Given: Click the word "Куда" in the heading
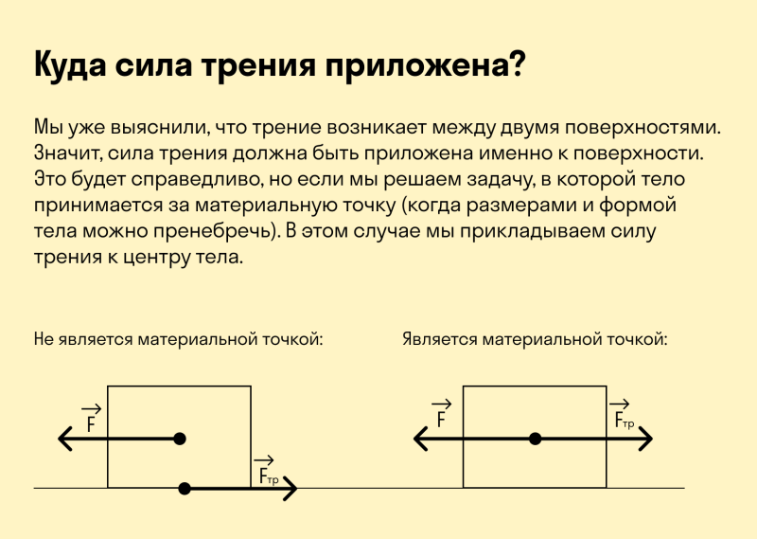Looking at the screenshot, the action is (x=70, y=65).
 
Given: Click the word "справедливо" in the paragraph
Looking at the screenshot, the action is (x=198, y=180).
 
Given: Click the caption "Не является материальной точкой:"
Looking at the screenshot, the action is (x=178, y=339).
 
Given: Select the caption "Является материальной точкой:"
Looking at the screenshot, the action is (x=535, y=339).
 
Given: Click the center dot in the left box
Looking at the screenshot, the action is (x=180, y=439).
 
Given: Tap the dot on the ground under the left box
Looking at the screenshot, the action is (x=185, y=488).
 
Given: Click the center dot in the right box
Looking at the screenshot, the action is (x=535, y=439).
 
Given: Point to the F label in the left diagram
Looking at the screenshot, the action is (x=91, y=419).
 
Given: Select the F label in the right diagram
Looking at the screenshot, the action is (x=441, y=414).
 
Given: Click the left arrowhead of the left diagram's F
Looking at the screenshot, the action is (x=64, y=439).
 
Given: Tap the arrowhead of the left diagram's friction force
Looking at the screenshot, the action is (x=290, y=488).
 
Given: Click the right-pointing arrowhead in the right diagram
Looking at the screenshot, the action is (x=646, y=439).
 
